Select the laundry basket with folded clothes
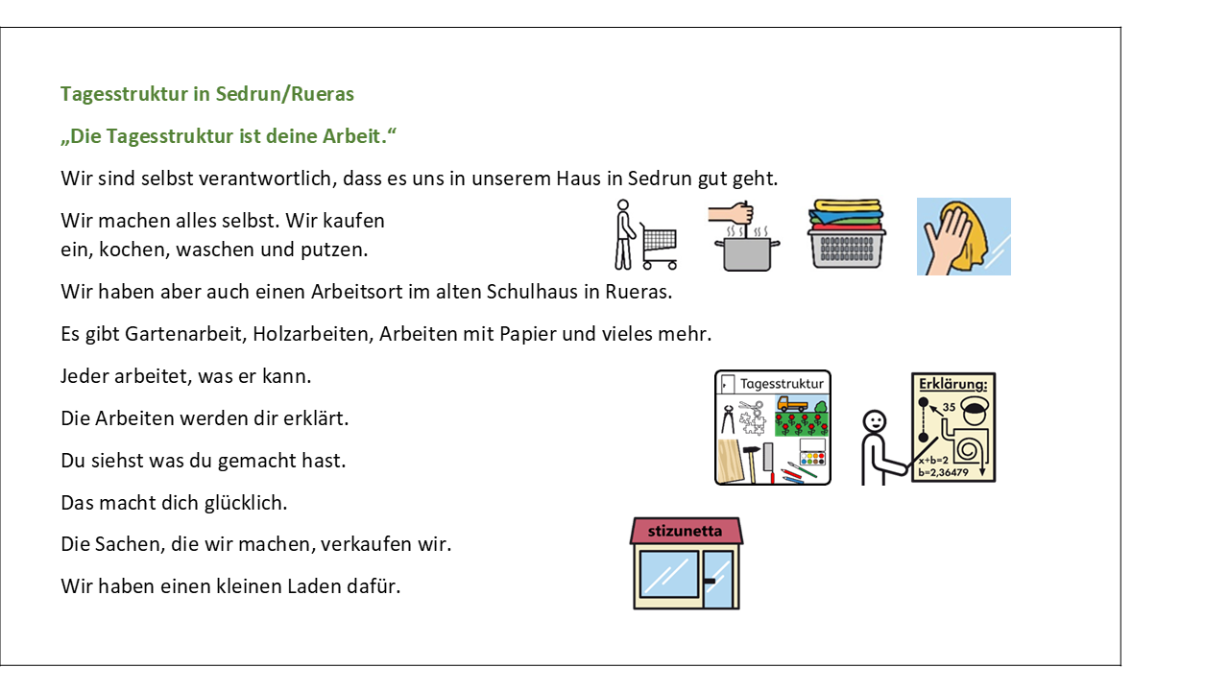(847, 234)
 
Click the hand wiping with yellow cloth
(963, 236)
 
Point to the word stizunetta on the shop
(685, 531)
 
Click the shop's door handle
(710, 581)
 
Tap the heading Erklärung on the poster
(952, 384)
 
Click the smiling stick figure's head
(874, 422)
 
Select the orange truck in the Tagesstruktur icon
(792, 405)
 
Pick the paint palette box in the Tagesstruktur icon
(812, 452)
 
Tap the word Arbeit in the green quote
(351, 136)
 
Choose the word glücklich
(246, 503)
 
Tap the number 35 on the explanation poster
(949, 407)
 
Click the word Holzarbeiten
(313, 334)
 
